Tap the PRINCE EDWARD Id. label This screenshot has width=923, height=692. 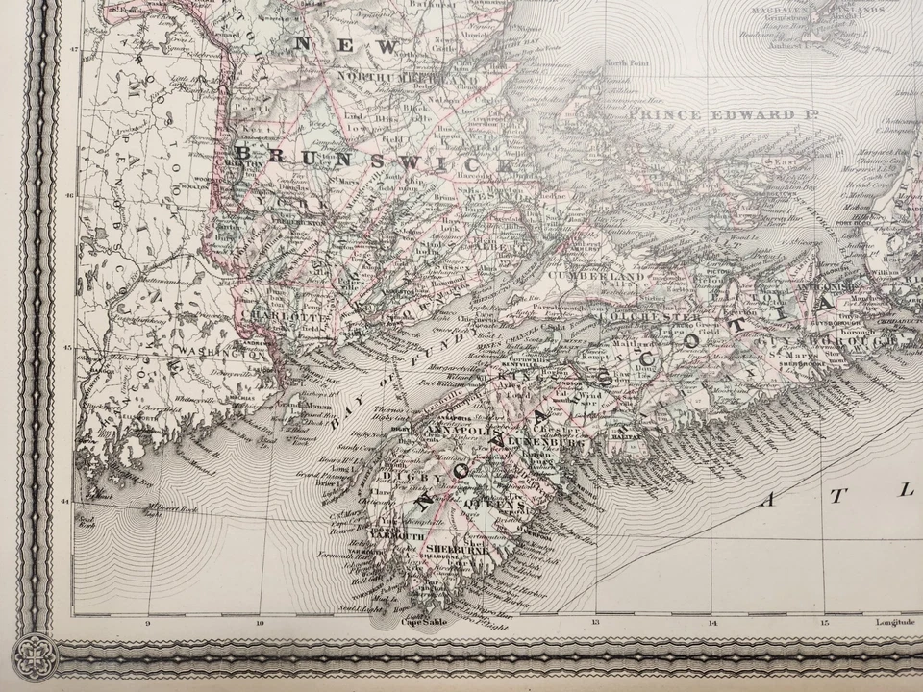tap(716, 115)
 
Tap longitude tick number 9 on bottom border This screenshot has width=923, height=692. tap(148, 623)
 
